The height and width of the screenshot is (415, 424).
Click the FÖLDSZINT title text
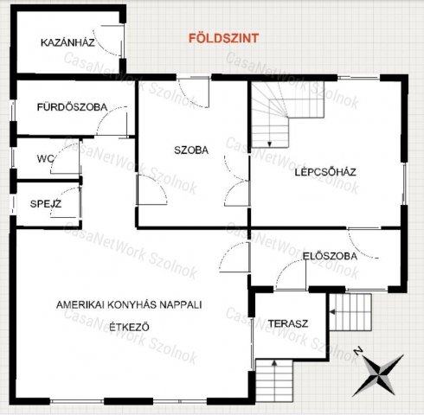[x=223, y=38]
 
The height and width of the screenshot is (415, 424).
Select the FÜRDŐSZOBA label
[x=72, y=107]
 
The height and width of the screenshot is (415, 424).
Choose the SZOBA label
[x=191, y=150]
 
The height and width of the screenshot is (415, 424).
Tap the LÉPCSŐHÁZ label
[x=325, y=171]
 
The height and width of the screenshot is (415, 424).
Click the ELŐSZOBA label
[x=325, y=255]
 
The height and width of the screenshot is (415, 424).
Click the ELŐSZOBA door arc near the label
[x=361, y=246]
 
